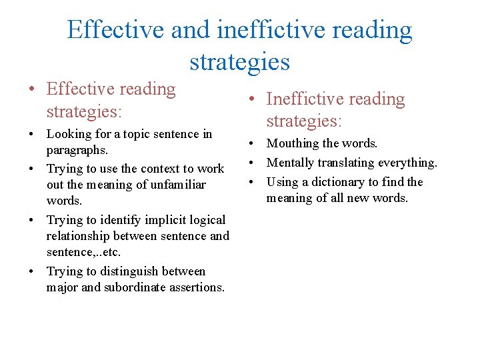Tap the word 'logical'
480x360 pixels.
click(x=205, y=220)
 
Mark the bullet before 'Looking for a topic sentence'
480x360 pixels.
click(x=32, y=134)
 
